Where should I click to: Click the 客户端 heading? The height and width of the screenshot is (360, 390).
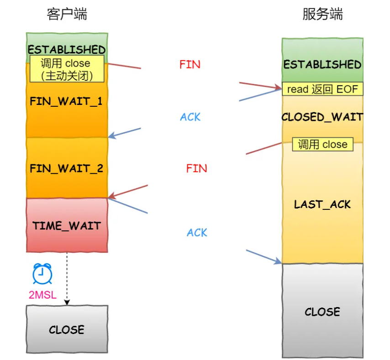67,15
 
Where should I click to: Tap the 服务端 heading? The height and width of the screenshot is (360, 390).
322,15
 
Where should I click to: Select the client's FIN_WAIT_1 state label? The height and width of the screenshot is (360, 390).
66,101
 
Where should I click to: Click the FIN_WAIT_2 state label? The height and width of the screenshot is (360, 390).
67,168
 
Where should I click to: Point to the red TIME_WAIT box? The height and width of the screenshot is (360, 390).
67,225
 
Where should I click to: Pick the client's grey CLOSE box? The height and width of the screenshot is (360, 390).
67,329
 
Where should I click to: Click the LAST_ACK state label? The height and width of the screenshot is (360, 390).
322,204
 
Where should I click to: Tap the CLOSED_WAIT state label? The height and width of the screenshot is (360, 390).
322,117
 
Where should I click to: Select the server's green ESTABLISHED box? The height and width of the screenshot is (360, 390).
322,64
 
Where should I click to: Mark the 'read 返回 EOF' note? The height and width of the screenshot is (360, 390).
322,89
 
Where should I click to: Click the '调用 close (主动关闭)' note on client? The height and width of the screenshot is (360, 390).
67,69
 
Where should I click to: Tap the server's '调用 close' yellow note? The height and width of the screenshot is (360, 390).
322,145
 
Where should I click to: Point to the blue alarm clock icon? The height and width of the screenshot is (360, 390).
42,274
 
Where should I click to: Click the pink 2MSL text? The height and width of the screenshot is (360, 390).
42,295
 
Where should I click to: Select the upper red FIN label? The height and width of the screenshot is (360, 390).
190,65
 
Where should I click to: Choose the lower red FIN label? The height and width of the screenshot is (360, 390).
196,168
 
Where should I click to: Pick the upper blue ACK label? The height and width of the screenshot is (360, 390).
190,117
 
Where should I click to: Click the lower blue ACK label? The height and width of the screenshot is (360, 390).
197,233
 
